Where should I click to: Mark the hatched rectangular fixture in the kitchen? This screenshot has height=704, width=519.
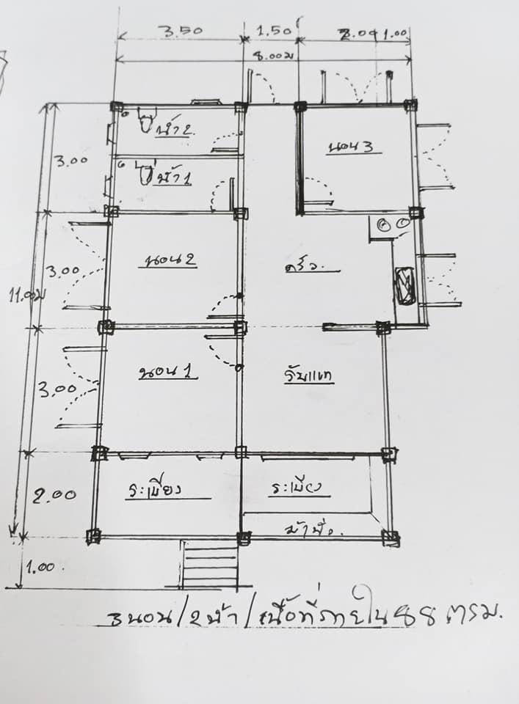click(x=404, y=285)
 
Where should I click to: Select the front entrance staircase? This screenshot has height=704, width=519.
click(x=209, y=564)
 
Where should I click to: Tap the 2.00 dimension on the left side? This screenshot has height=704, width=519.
click(x=52, y=495)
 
